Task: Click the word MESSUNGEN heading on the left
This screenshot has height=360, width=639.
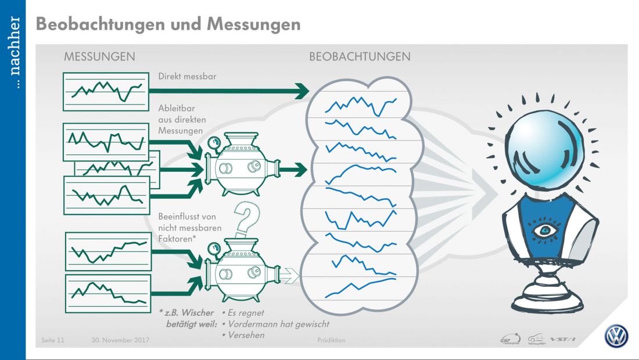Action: [x=99, y=57]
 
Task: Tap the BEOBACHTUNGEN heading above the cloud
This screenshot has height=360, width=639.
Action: [x=360, y=57]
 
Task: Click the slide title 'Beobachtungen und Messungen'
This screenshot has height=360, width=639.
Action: [x=168, y=24]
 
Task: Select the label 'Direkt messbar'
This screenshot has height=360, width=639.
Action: [x=184, y=76]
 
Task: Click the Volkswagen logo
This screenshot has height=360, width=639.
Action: [x=616, y=336]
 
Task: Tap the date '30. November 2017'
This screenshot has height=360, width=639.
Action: [x=120, y=340]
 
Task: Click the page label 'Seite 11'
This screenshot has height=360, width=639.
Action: [x=53, y=340]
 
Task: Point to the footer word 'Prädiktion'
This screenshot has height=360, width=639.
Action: [x=332, y=340]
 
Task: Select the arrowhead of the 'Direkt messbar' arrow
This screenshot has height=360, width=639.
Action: [x=301, y=91]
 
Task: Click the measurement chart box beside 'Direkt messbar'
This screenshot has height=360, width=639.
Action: [x=105, y=91]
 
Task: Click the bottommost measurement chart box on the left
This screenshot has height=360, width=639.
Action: [x=108, y=293]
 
